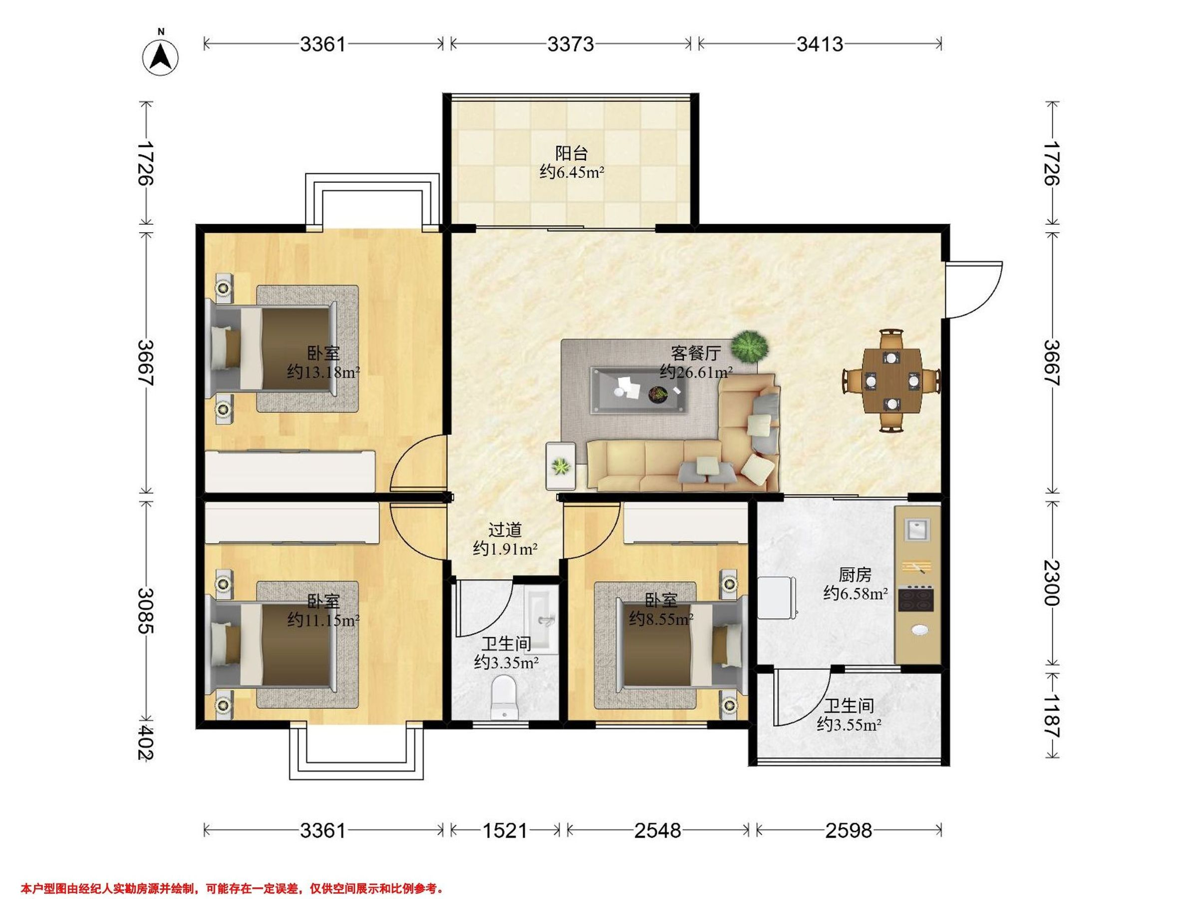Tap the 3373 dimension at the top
(x=570, y=44)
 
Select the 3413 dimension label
(x=820, y=44)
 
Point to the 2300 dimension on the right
(x=1051, y=582)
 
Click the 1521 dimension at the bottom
(x=505, y=830)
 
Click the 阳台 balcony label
(x=572, y=153)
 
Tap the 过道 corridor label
(x=505, y=529)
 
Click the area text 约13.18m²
(x=323, y=372)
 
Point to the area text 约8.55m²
(x=661, y=618)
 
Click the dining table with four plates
(x=892, y=381)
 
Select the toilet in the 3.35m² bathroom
(x=504, y=697)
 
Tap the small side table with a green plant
(x=561, y=466)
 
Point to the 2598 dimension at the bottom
(x=848, y=830)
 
